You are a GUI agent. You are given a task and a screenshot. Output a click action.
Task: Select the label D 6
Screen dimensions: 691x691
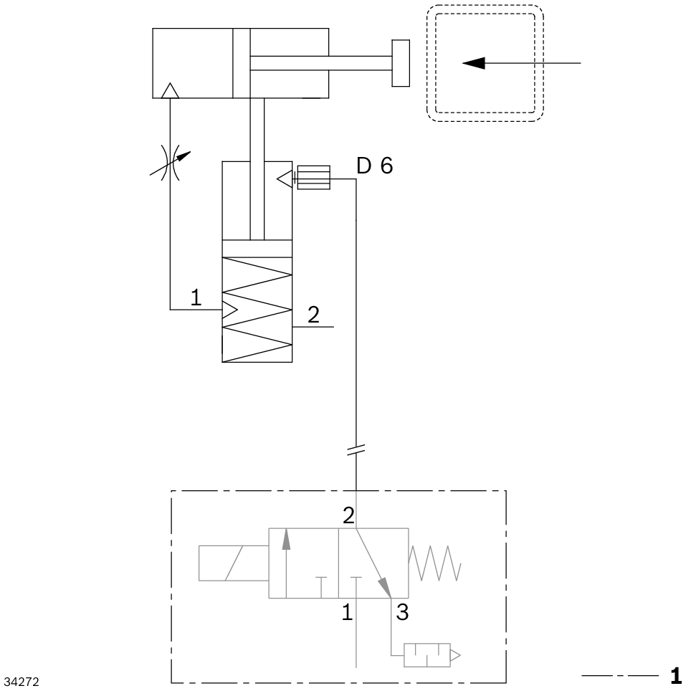375,167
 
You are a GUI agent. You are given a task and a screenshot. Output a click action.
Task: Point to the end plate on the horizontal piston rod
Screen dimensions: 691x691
400,63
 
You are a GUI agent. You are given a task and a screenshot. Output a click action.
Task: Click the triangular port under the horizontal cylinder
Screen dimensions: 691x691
170,90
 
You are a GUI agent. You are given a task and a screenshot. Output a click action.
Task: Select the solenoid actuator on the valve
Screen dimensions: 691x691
234,562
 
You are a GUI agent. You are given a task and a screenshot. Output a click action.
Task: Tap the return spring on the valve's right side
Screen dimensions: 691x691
434,562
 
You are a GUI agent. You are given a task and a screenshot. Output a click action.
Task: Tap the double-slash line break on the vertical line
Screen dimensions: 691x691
356,450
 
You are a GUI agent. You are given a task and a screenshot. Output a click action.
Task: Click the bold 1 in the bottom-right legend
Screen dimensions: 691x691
675,675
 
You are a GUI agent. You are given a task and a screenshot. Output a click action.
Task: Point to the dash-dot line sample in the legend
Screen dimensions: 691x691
619,676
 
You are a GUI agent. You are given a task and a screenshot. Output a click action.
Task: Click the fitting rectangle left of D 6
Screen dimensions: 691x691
313,177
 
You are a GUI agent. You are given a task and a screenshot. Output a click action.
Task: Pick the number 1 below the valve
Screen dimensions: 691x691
346,613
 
